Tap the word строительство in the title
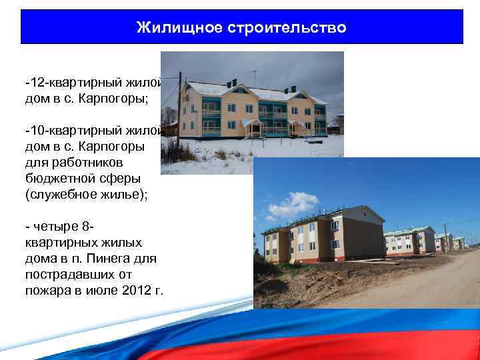click(x=287, y=27)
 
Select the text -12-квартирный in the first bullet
click(x=73, y=85)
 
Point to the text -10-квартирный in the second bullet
click(x=73, y=129)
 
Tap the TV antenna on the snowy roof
click(x=253, y=75)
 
